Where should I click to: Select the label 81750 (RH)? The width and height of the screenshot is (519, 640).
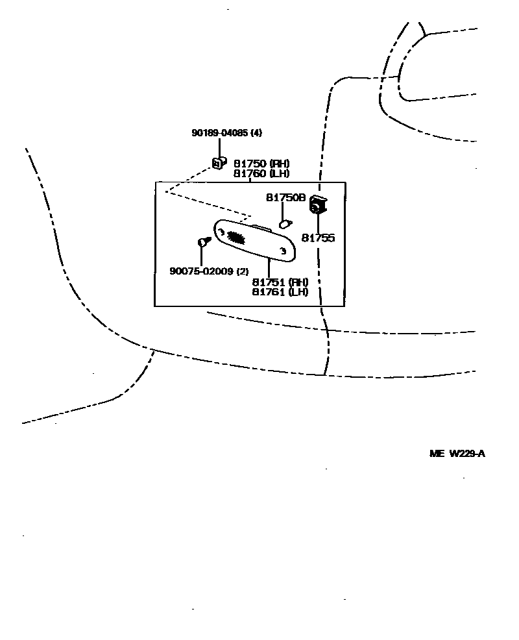[x=261, y=164]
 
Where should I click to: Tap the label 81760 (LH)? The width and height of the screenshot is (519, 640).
[x=261, y=173]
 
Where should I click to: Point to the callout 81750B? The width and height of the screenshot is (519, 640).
[x=285, y=197]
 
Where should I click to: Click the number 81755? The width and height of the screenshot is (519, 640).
[x=319, y=238]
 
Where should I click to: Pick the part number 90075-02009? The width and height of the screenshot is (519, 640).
[x=201, y=271]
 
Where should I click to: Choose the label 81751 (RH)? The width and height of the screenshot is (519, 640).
[x=280, y=282]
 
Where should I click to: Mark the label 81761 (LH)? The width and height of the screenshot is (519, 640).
[x=280, y=292]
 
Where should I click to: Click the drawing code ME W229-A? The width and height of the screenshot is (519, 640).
[x=457, y=454]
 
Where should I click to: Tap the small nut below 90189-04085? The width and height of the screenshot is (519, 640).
[x=219, y=163]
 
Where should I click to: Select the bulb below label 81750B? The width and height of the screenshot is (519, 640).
[x=284, y=225]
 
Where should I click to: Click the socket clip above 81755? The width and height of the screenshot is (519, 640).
[x=318, y=204]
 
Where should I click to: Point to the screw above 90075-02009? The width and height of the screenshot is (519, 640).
[x=203, y=242]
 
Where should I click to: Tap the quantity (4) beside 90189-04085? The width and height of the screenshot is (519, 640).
[x=257, y=133]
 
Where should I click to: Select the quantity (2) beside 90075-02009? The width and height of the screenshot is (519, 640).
[x=242, y=271]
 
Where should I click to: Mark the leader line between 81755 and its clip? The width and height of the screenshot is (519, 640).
[x=319, y=223]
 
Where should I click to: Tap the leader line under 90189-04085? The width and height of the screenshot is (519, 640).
[x=220, y=148]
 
